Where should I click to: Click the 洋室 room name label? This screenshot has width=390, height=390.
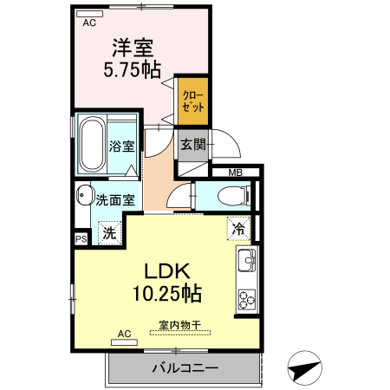[132, 45]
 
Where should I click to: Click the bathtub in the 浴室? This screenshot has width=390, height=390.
[90, 144]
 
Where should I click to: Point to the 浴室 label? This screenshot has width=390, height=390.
[122, 146]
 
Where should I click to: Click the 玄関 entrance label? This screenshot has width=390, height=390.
[193, 145]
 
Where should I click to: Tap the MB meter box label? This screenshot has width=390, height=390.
[235, 172]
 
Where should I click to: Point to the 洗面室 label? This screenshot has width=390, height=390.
[115, 198]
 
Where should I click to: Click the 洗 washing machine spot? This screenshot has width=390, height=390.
[109, 231]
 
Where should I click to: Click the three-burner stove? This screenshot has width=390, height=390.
[246, 300]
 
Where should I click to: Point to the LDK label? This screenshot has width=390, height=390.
[166, 270]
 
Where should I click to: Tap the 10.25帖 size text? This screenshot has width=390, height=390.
[166, 293]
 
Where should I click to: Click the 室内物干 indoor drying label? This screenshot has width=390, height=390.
[179, 326]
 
